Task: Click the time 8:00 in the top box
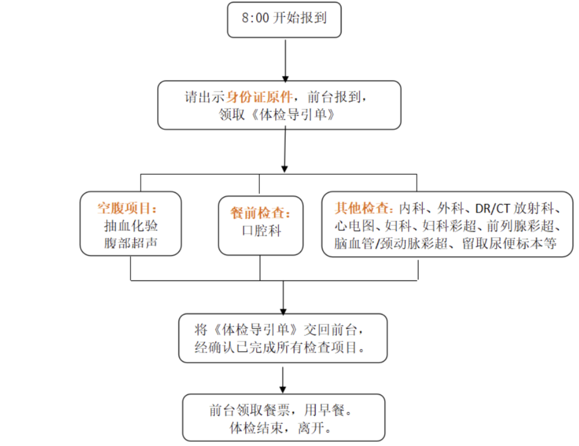tap(255, 19)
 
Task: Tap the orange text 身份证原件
tap(260, 97)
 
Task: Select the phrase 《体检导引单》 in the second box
tap(293, 115)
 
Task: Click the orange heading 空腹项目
tap(127, 208)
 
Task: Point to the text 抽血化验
tap(131, 226)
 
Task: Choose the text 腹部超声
tap(131, 243)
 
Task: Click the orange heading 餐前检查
tap(260, 213)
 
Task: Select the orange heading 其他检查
tap(364, 208)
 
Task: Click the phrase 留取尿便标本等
tap(509, 243)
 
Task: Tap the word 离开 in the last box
tap(310, 427)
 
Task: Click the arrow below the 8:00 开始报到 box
tap(285, 60)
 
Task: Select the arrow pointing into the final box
tap(283, 380)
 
